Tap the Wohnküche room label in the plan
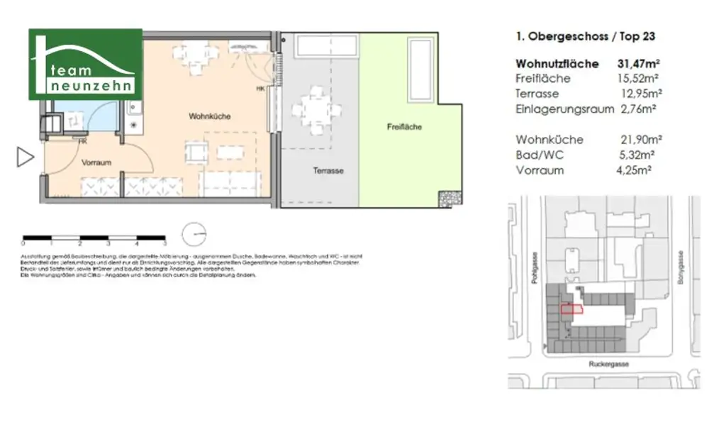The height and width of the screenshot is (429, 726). (209, 116)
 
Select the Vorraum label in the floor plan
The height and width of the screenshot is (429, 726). (96, 163)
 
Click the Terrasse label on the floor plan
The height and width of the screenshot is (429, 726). (328, 171)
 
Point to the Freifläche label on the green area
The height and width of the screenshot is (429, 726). (404, 128)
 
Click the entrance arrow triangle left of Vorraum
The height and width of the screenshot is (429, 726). (25, 157)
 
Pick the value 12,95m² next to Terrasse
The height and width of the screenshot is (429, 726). (636, 94)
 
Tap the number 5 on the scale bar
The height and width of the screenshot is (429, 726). (164, 243)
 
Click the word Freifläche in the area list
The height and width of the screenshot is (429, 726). (543, 79)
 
